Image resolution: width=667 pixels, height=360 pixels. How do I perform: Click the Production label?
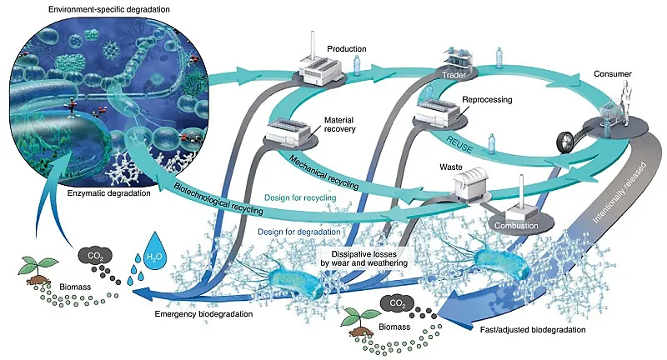point(347,48)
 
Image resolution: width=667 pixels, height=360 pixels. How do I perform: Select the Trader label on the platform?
point(454,77)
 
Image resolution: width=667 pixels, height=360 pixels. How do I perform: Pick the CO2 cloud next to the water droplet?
point(94,255)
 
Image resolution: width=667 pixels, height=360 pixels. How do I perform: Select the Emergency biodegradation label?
point(198,314)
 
